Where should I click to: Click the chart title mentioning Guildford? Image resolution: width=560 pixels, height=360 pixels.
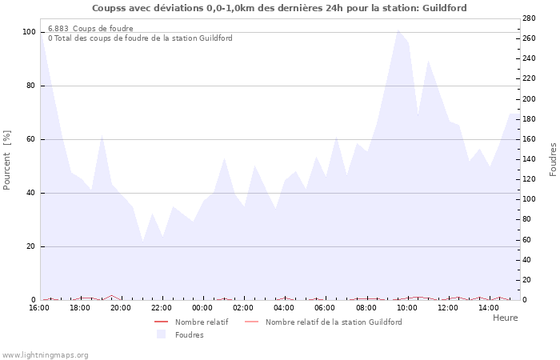pyautogui.click(x=279, y=8)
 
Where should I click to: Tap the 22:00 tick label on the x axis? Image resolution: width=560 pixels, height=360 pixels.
pyautogui.click(x=162, y=308)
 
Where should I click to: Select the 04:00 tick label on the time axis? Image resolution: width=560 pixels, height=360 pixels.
pyautogui.click(x=284, y=308)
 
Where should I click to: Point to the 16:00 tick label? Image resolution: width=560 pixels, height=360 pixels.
pyautogui.click(x=39, y=308)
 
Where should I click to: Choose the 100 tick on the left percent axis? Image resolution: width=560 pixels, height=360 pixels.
pyautogui.click(x=30, y=32)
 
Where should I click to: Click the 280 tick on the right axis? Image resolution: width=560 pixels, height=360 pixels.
pyautogui.click(x=529, y=18)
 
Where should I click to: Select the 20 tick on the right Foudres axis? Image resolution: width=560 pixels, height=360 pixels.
pyautogui.click(x=526, y=280)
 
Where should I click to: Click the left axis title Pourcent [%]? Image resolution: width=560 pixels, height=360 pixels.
pyautogui.click(x=8, y=159)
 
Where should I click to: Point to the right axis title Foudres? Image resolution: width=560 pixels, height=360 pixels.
pyautogui.click(x=553, y=159)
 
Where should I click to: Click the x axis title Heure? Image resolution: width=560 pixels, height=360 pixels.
pyautogui.click(x=505, y=318)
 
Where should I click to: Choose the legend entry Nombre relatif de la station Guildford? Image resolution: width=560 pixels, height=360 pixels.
pyautogui.click(x=334, y=322)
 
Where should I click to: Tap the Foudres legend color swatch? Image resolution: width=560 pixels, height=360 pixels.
pyautogui.click(x=161, y=334)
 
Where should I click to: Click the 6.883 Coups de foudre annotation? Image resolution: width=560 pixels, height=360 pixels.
pyautogui.click(x=90, y=28)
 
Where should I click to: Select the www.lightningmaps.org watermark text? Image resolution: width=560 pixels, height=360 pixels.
pyautogui.click(x=46, y=354)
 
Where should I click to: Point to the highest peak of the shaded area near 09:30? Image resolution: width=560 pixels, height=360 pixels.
pyautogui.click(x=398, y=30)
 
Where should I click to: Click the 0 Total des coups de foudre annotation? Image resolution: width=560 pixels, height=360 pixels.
pyautogui.click(x=140, y=38)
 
